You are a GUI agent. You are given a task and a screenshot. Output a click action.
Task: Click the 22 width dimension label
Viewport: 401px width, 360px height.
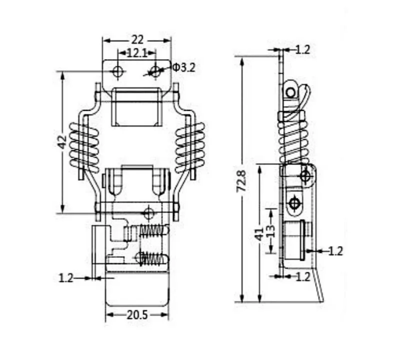(138, 40)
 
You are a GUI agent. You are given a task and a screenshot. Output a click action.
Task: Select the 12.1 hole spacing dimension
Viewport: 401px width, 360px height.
(137, 53)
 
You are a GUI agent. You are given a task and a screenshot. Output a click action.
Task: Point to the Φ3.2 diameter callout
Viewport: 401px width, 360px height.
(184, 67)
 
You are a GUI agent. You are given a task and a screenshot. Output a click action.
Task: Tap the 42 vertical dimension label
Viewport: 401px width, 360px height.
(62, 142)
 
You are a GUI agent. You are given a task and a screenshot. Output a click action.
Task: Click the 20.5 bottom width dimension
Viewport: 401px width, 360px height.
(138, 315)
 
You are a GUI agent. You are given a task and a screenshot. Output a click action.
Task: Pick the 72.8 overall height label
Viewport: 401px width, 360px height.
(241, 181)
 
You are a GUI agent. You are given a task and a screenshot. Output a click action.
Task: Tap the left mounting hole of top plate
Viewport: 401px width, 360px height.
(118, 71)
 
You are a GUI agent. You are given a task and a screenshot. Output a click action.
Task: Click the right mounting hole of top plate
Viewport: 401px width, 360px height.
(155, 71)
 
